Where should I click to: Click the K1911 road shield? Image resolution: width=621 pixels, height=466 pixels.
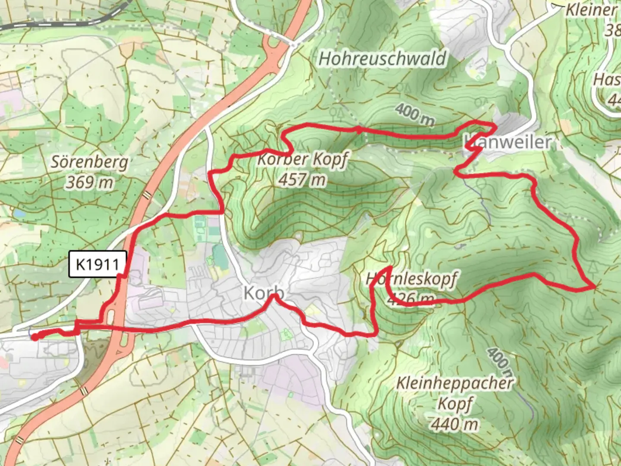[x=98, y=264]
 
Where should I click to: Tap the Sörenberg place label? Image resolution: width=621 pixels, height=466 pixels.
[x=90, y=162]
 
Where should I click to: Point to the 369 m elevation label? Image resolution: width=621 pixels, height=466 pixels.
[x=90, y=182]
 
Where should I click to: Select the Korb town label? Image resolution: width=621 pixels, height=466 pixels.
[x=263, y=293]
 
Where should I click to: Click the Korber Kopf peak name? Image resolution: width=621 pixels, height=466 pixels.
[x=302, y=159]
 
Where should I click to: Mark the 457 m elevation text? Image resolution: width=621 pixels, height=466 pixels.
[x=302, y=179]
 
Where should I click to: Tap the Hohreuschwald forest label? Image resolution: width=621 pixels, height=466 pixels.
[x=383, y=58]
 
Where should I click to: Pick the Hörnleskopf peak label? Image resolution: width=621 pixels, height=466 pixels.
[x=411, y=279]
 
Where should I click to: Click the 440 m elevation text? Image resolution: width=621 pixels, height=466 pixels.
[x=455, y=424]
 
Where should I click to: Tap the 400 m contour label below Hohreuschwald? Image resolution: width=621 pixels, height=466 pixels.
[x=414, y=114]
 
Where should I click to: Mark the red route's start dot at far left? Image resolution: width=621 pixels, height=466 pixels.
[x=34, y=337]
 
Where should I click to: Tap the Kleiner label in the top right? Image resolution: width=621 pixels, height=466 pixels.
[x=591, y=10]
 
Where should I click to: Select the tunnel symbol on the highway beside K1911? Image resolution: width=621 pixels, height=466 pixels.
[x=147, y=195]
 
